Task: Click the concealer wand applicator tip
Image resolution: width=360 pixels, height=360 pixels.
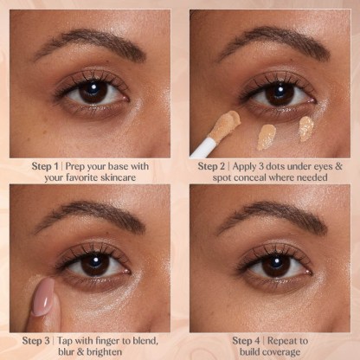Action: click(x=227, y=124)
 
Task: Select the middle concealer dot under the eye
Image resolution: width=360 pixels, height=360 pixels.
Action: click(x=267, y=137)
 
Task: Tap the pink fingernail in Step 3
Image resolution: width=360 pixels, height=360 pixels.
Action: click(x=43, y=297)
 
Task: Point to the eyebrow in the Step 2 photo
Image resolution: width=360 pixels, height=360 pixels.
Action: click(x=274, y=43)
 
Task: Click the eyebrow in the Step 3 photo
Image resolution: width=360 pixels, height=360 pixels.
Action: click(x=90, y=217)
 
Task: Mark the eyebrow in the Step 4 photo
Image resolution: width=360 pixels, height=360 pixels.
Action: click(x=273, y=218)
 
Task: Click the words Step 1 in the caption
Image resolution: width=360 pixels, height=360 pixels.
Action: click(x=45, y=166)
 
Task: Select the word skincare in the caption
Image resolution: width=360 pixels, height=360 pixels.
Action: click(x=119, y=177)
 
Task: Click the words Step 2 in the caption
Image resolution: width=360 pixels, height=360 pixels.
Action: click(x=211, y=166)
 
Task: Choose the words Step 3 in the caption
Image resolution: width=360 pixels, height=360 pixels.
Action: click(x=36, y=341)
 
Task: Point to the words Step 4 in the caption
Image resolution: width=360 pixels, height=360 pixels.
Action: click(x=247, y=341)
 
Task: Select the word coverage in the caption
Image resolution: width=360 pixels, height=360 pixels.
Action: click(x=283, y=352)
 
